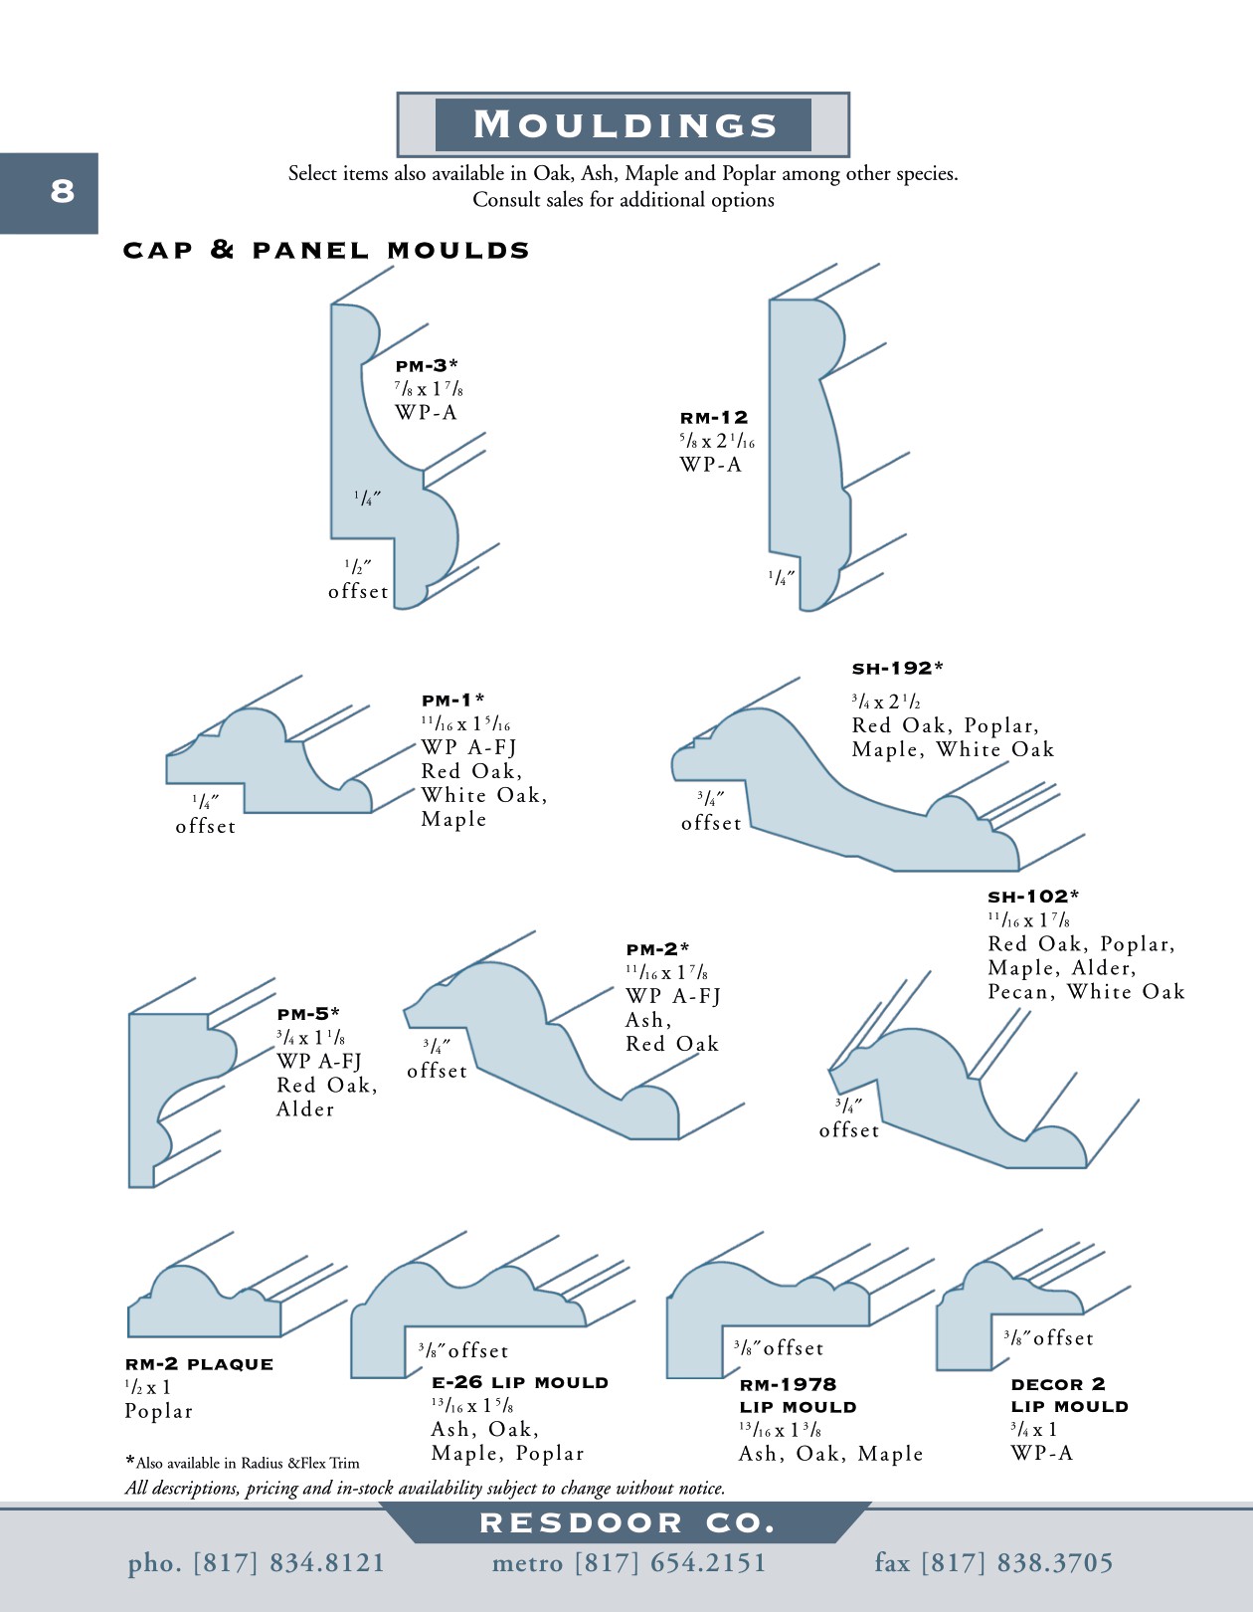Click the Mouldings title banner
624,124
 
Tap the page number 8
63,191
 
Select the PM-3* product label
427,366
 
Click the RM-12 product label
714,418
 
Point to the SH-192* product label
897,669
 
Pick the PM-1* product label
453,701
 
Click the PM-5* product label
308,1013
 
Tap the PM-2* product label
657,949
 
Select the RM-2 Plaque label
200,1364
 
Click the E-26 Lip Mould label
520,1383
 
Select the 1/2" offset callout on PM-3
358,579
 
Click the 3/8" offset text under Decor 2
1048,1338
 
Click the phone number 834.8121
327,1562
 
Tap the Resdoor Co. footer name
627,1523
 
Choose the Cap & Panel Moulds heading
326,250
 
